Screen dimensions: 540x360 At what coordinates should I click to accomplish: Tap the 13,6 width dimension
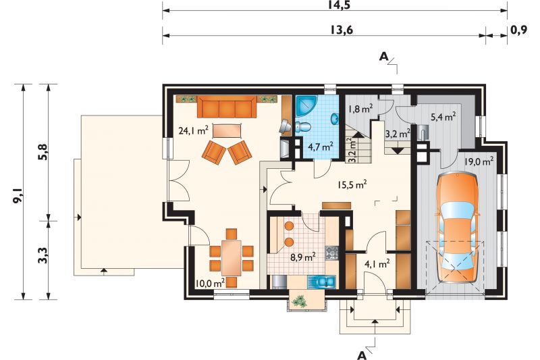pos(342,30)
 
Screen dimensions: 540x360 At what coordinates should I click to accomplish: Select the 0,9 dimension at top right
pos(518,30)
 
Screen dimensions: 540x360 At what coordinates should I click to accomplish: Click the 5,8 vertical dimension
pos(43,152)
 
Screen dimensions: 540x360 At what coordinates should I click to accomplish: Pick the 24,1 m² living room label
pos(193,131)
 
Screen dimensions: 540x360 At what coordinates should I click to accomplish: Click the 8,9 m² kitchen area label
pos(302,257)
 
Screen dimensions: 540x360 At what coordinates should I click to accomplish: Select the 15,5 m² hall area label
pos(351,184)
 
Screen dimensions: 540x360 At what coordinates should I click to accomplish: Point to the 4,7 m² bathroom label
pos(320,147)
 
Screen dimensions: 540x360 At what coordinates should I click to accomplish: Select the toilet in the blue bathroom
pos(302,127)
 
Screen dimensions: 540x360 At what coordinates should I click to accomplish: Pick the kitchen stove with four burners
pos(332,253)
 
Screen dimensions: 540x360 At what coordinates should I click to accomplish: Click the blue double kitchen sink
pos(322,282)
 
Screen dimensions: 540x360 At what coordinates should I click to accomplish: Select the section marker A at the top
pos(383,57)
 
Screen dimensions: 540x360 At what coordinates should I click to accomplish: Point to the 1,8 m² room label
pos(360,109)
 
